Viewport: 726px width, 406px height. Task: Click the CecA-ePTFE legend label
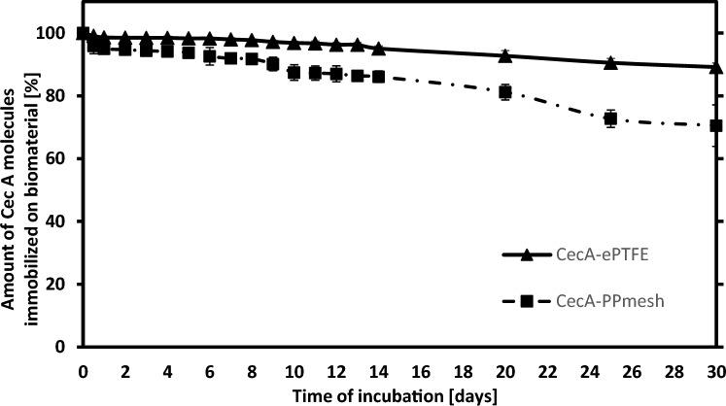click(x=609, y=254)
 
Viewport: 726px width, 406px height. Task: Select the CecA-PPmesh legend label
click(x=614, y=301)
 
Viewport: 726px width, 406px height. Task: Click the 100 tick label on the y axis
click(x=57, y=34)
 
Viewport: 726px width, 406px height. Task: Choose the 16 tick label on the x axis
click(x=420, y=370)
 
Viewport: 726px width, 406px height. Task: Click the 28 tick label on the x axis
click(x=673, y=370)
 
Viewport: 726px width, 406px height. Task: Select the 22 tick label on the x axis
click(x=546, y=370)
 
